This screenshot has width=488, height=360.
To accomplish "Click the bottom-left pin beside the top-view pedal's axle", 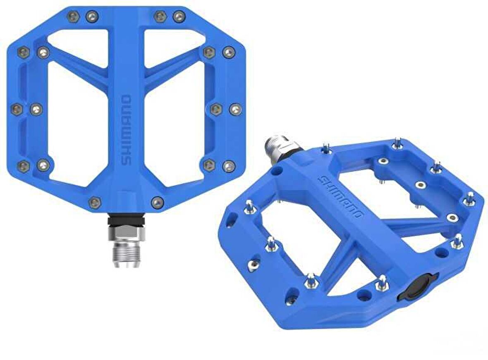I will click(x=95, y=202).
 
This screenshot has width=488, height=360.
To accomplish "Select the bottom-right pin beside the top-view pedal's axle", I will click(x=157, y=202).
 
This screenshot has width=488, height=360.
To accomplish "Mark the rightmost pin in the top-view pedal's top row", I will click(x=179, y=17).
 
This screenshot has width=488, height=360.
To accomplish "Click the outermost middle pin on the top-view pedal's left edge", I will click(x=16, y=109).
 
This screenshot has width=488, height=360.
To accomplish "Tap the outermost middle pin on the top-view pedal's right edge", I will click(x=235, y=109).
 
